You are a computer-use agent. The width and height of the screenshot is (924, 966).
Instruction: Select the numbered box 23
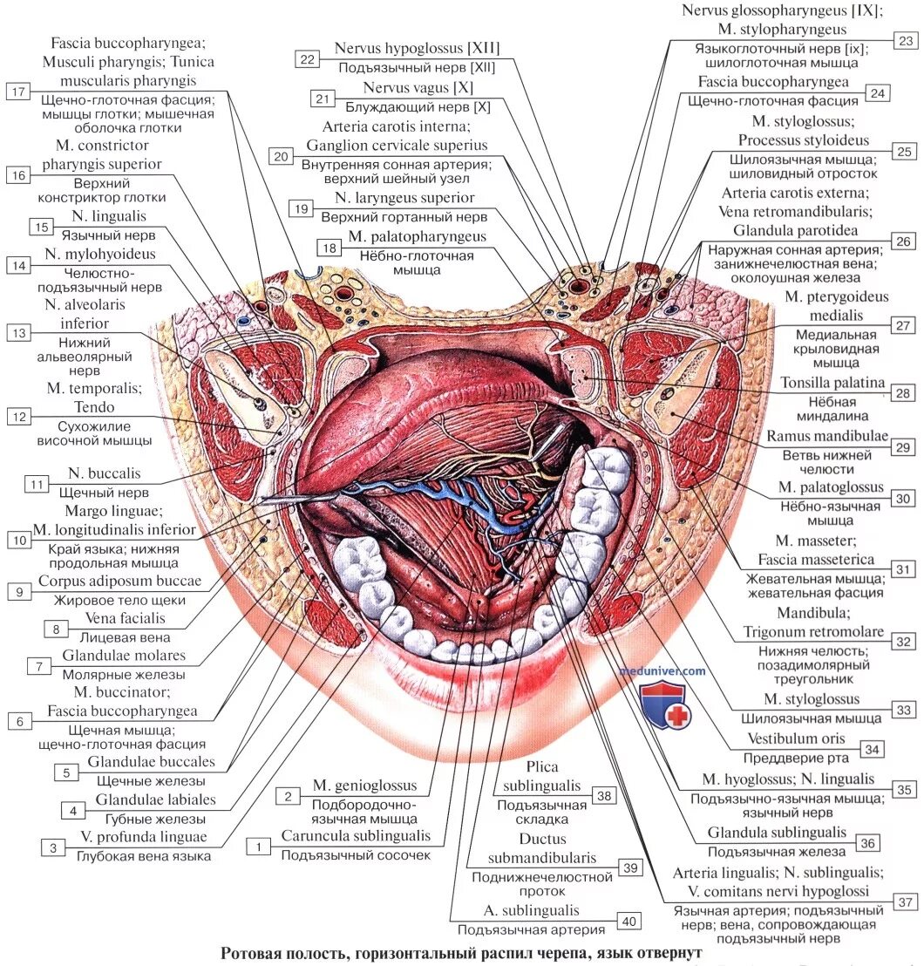[x=904, y=40]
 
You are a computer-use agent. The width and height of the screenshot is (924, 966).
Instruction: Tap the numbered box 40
[x=628, y=920]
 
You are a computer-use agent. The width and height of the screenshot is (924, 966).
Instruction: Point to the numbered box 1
[x=257, y=845]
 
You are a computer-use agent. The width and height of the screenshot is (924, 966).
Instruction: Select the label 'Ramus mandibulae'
[x=826, y=435]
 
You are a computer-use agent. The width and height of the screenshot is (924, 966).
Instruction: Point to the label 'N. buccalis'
[x=105, y=473]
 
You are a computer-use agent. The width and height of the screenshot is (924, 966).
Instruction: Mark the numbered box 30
[x=903, y=498]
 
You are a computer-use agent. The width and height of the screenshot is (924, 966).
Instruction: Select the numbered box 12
[x=17, y=417]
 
